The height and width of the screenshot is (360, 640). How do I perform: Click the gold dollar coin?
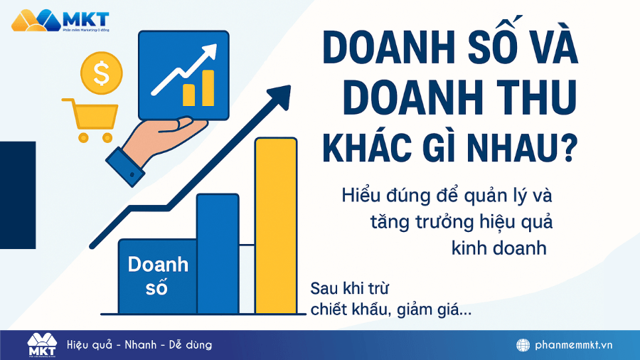pyautogui.click(x=102, y=71)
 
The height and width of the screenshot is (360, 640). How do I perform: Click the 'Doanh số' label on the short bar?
pyautogui.click(x=158, y=276)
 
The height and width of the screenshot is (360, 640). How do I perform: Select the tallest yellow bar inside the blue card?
pyautogui.click(x=208, y=87)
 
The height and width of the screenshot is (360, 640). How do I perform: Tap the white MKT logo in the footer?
pyautogui.click(x=41, y=344)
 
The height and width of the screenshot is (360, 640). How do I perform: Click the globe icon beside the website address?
pyautogui.click(x=523, y=345)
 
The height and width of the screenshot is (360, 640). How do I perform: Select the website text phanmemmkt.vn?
pyautogui.click(x=575, y=345)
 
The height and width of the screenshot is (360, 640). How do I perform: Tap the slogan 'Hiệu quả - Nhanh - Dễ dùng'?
pyautogui.click(x=139, y=345)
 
